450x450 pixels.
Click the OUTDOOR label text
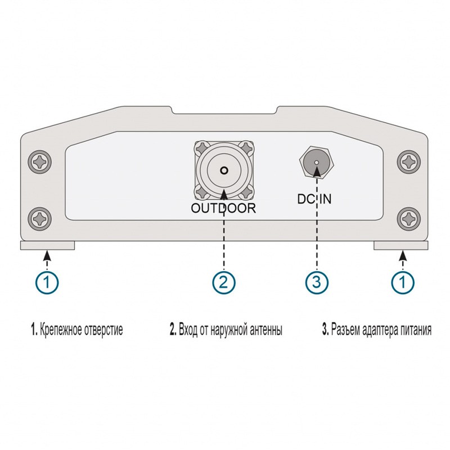[224, 208]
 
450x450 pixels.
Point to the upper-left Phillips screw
[40, 163]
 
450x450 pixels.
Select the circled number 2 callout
[224, 282]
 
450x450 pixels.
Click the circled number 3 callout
[317, 282]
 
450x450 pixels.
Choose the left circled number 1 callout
[48, 282]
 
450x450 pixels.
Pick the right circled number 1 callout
[402, 282]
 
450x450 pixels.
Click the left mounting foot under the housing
[47, 245]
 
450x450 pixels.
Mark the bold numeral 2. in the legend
[173, 330]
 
